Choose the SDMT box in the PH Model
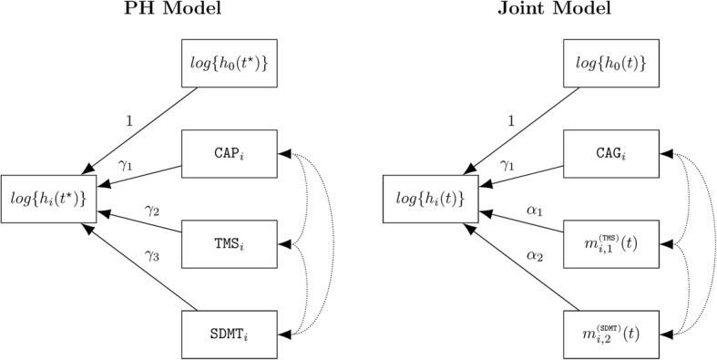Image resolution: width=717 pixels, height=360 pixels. click(x=232, y=328)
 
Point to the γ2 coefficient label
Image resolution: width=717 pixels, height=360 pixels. click(x=150, y=211)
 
